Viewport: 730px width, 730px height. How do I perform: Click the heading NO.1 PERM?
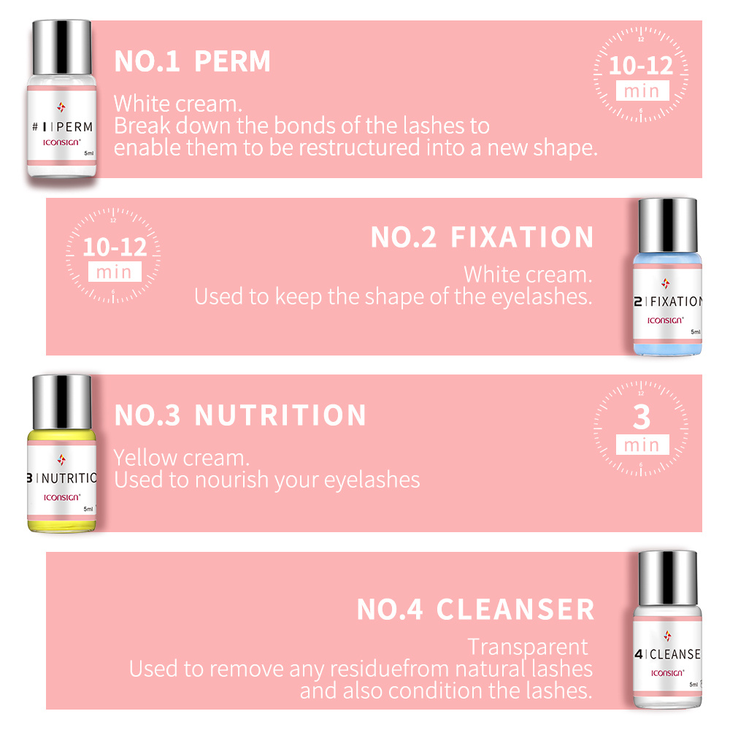tap(192, 62)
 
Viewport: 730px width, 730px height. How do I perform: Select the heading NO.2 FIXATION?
tap(482, 238)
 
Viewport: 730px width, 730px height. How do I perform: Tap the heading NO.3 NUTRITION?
tap(240, 415)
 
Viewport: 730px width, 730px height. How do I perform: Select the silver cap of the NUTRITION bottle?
tap(61, 398)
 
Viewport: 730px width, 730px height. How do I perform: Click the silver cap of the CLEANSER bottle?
tap(667, 575)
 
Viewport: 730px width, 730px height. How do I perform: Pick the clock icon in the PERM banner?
tap(640, 74)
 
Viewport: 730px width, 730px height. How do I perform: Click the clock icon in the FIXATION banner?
tap(114, 255)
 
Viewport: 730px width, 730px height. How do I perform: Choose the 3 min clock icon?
tap(640, 428)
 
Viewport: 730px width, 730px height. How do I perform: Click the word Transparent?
tap(527, 647)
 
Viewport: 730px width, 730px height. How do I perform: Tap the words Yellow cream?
tap(181, 458)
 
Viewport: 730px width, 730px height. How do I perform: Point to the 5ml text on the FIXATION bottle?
tap(695, 331)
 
